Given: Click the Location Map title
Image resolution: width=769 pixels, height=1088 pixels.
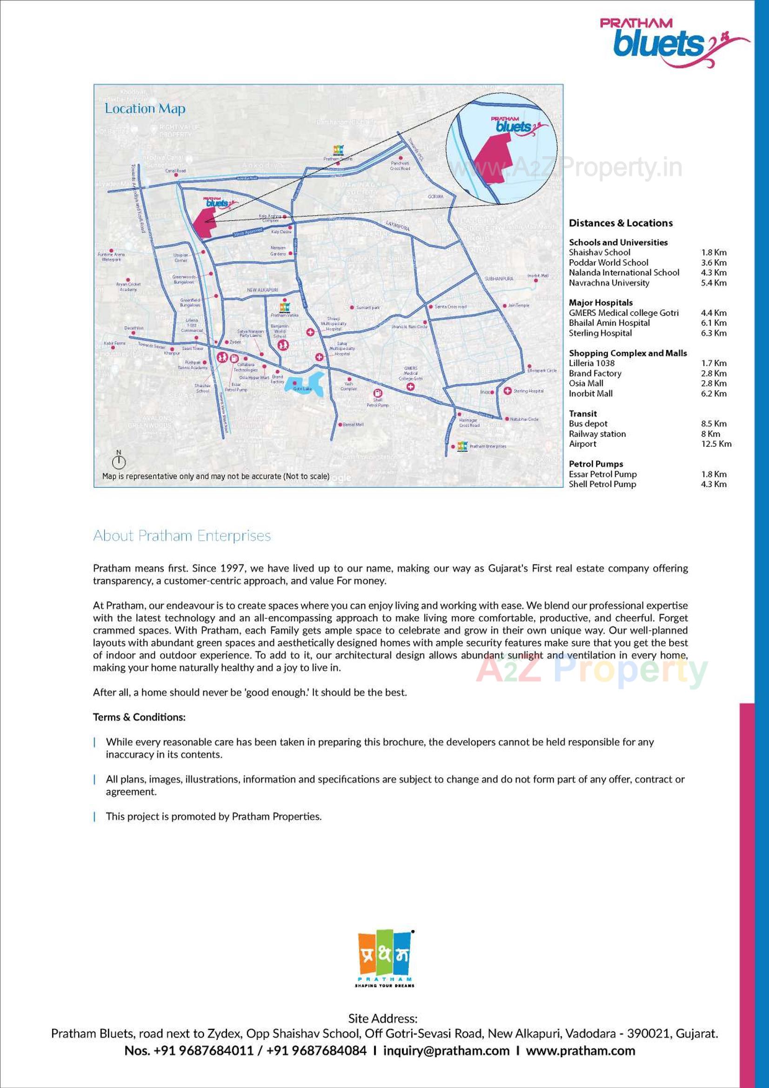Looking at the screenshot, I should (x=145, y=108).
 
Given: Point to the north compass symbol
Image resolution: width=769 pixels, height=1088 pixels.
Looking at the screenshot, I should (x=119, y=460).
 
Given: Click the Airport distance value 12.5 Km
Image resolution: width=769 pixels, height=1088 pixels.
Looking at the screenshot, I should (x=716, y=444).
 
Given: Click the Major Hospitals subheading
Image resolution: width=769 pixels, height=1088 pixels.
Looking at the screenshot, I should (x=600, y=302).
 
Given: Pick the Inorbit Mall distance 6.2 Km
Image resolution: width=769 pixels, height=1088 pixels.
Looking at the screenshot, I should (x=714, y=393).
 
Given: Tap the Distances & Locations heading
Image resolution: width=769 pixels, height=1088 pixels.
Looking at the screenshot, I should (x=620, y=223).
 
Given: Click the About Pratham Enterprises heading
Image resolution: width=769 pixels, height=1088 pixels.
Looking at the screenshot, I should (x=182, y=536).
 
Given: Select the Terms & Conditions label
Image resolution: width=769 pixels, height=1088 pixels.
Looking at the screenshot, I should (x=139, y=717).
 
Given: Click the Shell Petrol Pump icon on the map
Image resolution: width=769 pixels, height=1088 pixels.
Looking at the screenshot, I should (x=378, y=393).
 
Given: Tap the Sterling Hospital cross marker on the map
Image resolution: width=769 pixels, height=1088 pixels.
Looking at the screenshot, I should (x=507, y=391).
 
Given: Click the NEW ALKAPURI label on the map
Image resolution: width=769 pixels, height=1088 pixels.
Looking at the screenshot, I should (x=262, y=290).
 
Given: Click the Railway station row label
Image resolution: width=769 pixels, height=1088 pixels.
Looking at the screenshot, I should (x=597, y=434).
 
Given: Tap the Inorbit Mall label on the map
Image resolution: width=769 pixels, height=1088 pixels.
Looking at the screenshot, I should (x=537, y=276).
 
